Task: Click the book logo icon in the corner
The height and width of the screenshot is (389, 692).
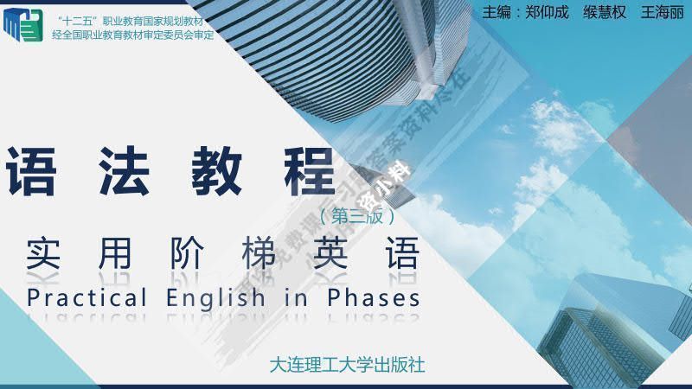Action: coord(22,26)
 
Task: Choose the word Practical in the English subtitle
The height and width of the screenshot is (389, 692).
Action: coord(87,298)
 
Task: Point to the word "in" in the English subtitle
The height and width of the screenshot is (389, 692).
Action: coord(296,298)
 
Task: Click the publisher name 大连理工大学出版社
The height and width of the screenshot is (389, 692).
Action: coord(348,365)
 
